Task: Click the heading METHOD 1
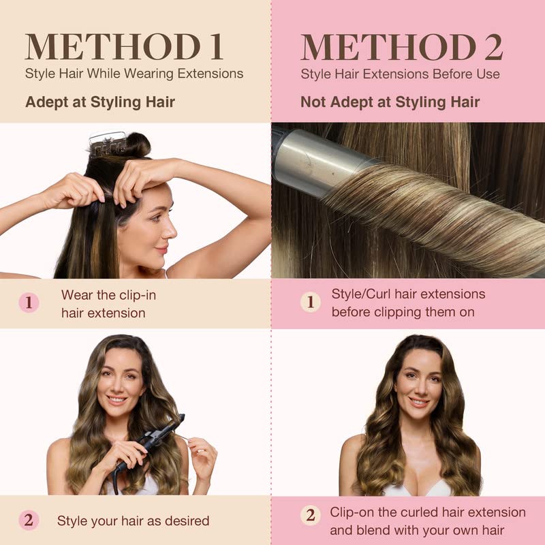pos(124,47)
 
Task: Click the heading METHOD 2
pos(402,47)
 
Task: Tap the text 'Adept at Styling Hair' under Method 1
pos(100,102)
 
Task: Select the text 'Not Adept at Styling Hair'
pos(390,102)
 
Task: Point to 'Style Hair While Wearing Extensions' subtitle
pos(134,74)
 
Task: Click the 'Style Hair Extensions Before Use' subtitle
pos(400,74)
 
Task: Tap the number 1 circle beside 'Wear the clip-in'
pos(29,302)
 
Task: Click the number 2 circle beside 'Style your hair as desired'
pos(29,520)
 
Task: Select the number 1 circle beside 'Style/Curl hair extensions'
pos(310,302)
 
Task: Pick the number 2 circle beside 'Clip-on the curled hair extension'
pos(310,515)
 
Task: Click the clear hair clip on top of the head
pos(107,143)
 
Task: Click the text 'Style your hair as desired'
pos(133,520)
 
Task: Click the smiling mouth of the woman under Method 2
pos(418,402)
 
